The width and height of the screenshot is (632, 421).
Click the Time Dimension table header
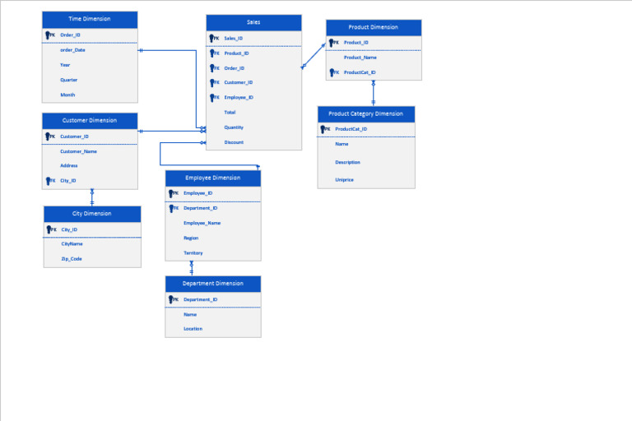click(90, 19)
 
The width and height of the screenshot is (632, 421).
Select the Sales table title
click(253, 22)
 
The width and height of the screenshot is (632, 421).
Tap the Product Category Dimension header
click(365, 113)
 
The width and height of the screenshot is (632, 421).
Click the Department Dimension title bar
click(213, 284)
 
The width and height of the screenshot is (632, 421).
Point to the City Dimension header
click(91, 214)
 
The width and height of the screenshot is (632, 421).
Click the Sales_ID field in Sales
click(234, 38)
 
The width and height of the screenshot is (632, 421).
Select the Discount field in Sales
click(234, 142)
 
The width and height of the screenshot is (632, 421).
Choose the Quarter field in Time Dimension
click(69, 80)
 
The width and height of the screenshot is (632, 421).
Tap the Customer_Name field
click(79, 151)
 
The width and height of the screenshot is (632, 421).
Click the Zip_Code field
click(72, 259)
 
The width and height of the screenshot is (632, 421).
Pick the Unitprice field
click(344, 179)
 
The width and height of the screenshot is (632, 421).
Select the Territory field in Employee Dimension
click(193, 253)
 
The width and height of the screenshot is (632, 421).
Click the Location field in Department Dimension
click(193, 329)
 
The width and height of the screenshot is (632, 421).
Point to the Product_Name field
click(360, 58)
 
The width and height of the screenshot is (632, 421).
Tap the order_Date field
click(72, 49)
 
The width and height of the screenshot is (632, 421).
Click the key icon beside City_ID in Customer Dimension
click(49, 181)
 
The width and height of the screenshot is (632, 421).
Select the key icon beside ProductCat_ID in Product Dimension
click(333, 72)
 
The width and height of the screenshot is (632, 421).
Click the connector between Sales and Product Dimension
click(314, 55)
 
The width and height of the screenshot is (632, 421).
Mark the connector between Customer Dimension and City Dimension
click(92, 197)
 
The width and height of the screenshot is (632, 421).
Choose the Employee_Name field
click(202, 223)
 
